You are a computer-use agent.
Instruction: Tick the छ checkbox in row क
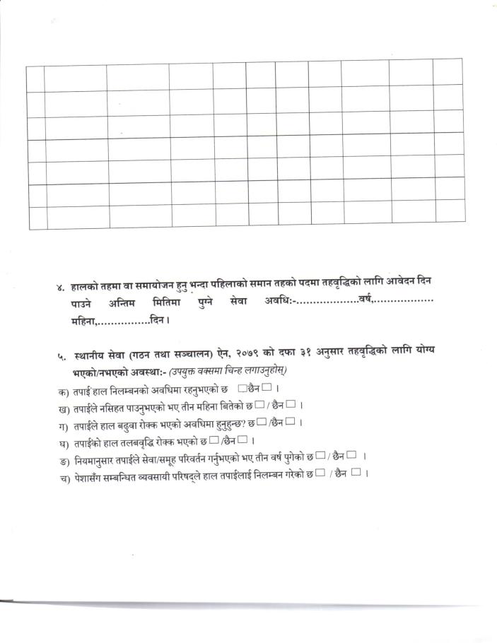242,387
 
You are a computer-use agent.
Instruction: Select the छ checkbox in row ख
259,405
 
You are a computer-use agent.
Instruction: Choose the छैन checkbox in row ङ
351,456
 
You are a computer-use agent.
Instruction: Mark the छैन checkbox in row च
356,473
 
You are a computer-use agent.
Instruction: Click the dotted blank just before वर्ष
326,304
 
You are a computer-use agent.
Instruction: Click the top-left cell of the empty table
35,78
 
